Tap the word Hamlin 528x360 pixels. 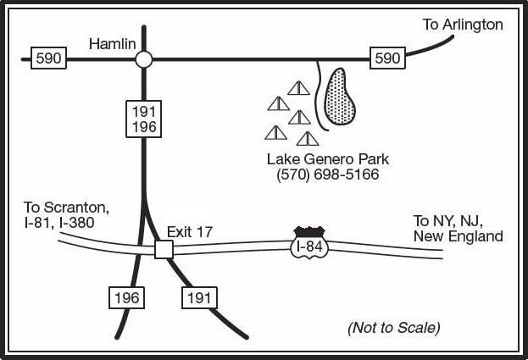pyautogui.click(x=113, y=44)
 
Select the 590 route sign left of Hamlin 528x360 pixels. pyautogui.click(x=48, y=58)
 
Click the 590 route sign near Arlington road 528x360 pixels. pyautogui.click(x=387, y=58)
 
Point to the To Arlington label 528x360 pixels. pyautogui.click(x=463, y=25)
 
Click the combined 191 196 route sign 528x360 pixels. pyautogui.click(x=144, y=119)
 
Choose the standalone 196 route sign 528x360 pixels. pyautogui.click(x=126, y=298)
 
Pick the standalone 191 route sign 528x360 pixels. pyautogui.click(x=199, y=298)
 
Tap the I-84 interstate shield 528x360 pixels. pyautogui.click(x=309, y=243)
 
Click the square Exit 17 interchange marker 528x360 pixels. pyautogui.click(x=164, y=250)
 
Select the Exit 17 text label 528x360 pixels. pyautogui.click(x=190, y=232)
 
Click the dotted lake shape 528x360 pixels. pyautogui.click(x=339, y=97)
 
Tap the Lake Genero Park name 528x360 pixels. pyautogui.click(x=328, y=159)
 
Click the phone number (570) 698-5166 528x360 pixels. pyautogui.click(x=328, y=174)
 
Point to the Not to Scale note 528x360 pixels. pyautogui.click(x=393, y=328)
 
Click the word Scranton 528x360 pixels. pyautogui.click(x=77, y=208)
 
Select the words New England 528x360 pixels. pyautogui.click(x=459, y=236)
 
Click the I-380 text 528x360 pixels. pyautogui.click(x=76, y=223)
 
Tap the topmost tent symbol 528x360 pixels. pyautogui.click(x=298, y=88)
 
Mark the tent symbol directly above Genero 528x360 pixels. pyautogui.click(x=308, y=139)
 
